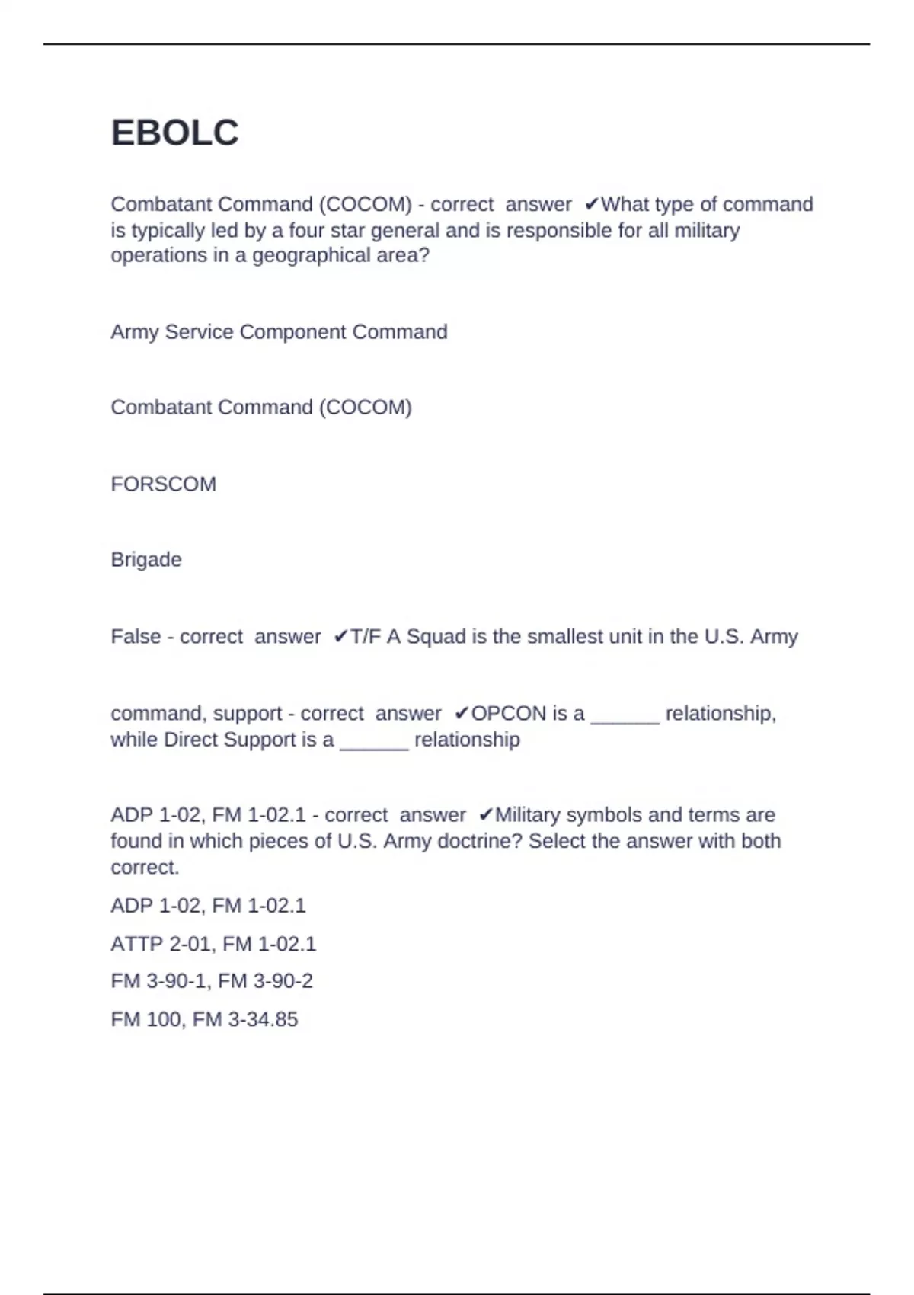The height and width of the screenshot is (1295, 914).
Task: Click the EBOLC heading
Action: coord(174,133)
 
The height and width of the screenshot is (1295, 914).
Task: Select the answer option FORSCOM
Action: coord(163,484)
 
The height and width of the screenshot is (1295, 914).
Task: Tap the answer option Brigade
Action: coord(146,560)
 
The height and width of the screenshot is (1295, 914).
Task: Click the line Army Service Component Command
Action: coord(279,332)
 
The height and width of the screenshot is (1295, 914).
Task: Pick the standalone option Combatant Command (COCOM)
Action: coord(261,408)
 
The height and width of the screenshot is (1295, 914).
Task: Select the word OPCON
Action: coord(509,714)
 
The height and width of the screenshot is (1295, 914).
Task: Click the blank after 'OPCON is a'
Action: coord(625,718)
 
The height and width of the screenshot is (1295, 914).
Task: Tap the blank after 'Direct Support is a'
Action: coord(374,743)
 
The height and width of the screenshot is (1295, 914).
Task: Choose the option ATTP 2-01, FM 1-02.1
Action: coord(213,945)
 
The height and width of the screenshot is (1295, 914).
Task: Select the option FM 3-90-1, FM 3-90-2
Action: coord(212,981)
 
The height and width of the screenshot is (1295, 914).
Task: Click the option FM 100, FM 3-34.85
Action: coord(204,1020)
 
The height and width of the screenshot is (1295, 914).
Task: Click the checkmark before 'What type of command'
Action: coord(591,205)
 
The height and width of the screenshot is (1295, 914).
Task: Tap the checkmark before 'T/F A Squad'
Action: coord(340,637)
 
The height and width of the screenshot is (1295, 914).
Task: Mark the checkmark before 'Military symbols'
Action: coord(486,816)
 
